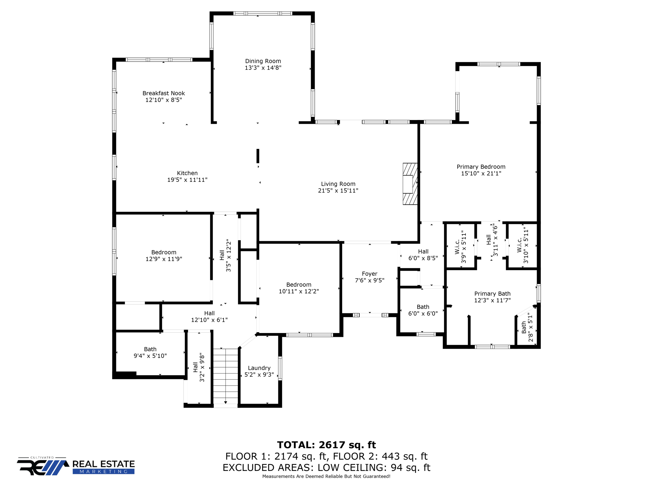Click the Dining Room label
click(x=263, y=61)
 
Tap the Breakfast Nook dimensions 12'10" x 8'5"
click(x=164, y=100)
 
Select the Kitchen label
click(x=187, y=173)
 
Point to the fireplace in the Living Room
click(x=410, y=184)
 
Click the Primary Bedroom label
click(x=481, y=167)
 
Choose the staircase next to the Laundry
click(x=225, y=376)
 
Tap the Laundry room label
click(x=259, y=368)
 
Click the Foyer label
click(x=370, y=274)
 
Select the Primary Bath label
click(x=492, y=293)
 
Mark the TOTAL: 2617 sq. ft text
click(x=326, y=445)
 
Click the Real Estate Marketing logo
click(x=76, y=466)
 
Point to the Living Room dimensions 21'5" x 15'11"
click(x=338, y=190)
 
